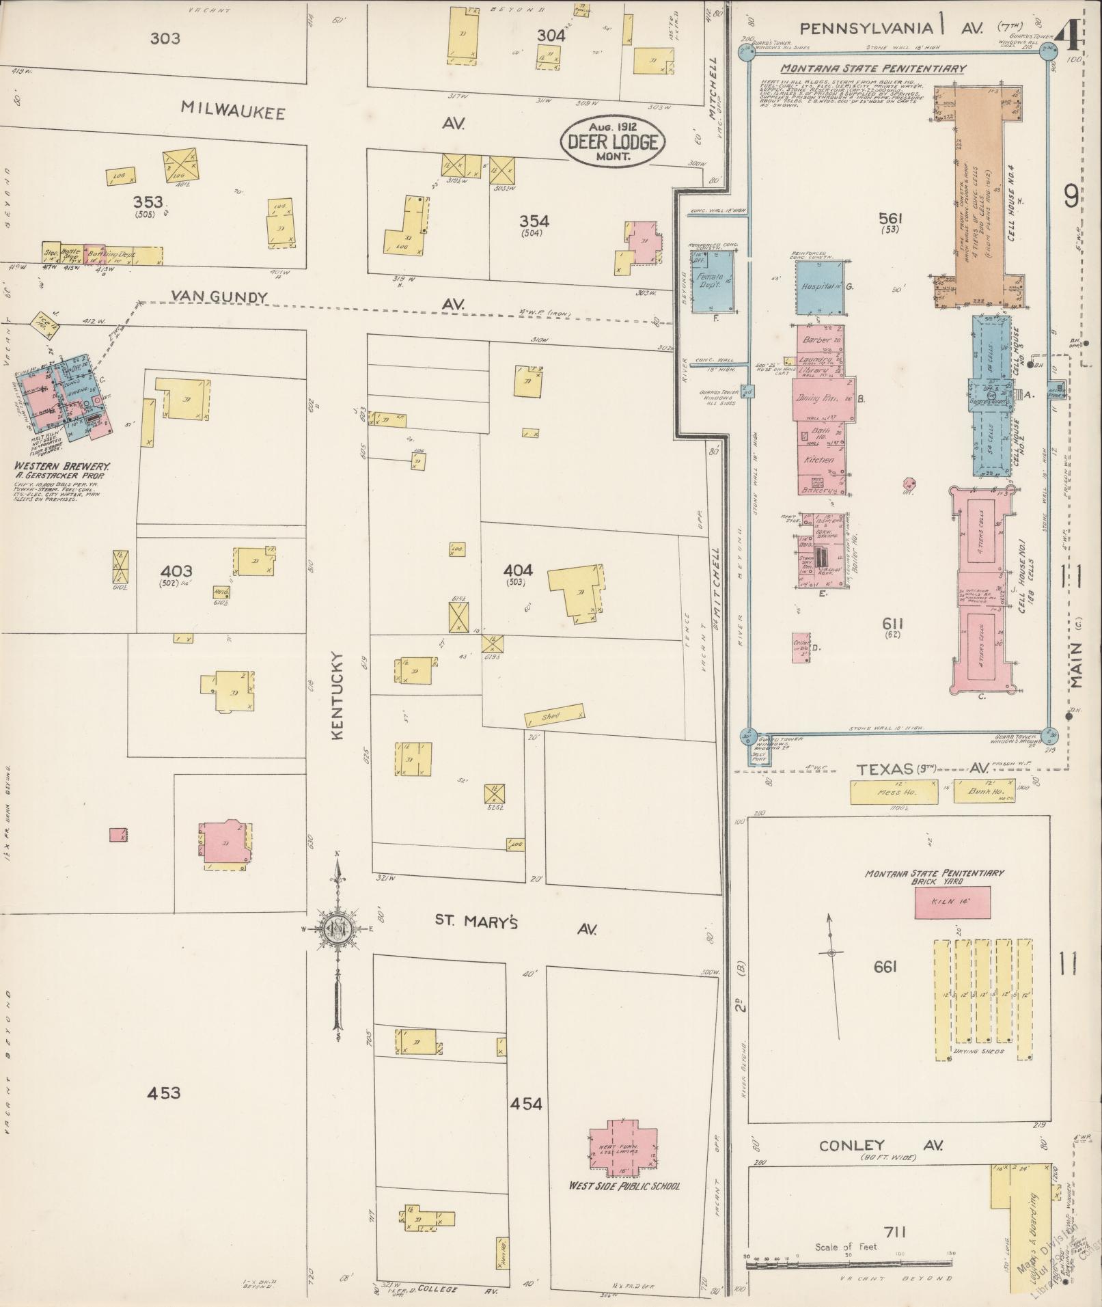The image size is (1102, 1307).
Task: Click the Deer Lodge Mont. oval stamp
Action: coord(611,143)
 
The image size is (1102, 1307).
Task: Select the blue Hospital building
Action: coord(818,288)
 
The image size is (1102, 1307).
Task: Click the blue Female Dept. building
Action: coord(712,281)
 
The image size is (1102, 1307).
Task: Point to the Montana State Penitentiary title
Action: coord(872,68)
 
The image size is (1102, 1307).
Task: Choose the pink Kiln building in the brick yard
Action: coord(952,903)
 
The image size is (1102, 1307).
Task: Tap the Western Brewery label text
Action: coord(62,465)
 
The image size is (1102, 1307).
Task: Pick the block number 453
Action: coord(164,1093)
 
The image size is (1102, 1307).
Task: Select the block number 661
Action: coord(885,967)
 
